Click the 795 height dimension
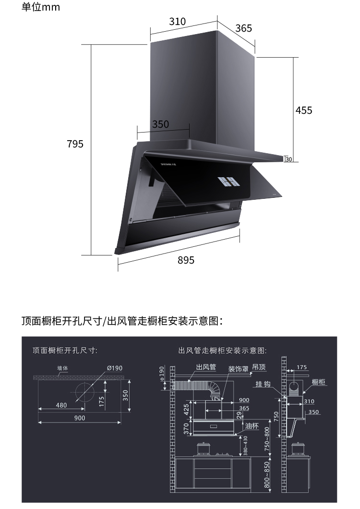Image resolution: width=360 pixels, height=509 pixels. point(75,144)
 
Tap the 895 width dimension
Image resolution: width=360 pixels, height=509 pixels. point(186,260)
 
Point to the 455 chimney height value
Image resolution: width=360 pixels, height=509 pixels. point(303,110)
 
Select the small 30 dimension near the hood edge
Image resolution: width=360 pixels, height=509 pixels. point(288,159)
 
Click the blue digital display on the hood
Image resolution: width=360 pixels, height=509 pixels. point(228,181)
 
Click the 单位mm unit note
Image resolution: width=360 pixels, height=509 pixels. point(41,8)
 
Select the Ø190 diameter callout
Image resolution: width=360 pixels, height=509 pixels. point(115,368)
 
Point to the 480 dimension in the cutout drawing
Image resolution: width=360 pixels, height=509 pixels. point(61,405)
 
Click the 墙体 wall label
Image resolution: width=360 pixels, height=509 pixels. point(63,368)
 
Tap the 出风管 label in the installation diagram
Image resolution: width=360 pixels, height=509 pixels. point(206,367)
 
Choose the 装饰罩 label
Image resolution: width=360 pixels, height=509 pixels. point(238,369)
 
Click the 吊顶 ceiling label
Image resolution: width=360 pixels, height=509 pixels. point(259,367)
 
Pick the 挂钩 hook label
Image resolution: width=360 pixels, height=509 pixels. point(264,385)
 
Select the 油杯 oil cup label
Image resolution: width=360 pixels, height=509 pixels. point(252,426)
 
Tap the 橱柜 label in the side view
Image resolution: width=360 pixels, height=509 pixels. point(319,382)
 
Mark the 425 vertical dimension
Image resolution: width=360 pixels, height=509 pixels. point(187,410)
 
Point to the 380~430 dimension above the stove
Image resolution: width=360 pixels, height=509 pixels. point(245,446)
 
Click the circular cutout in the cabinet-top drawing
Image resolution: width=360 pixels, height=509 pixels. point(83,393)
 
